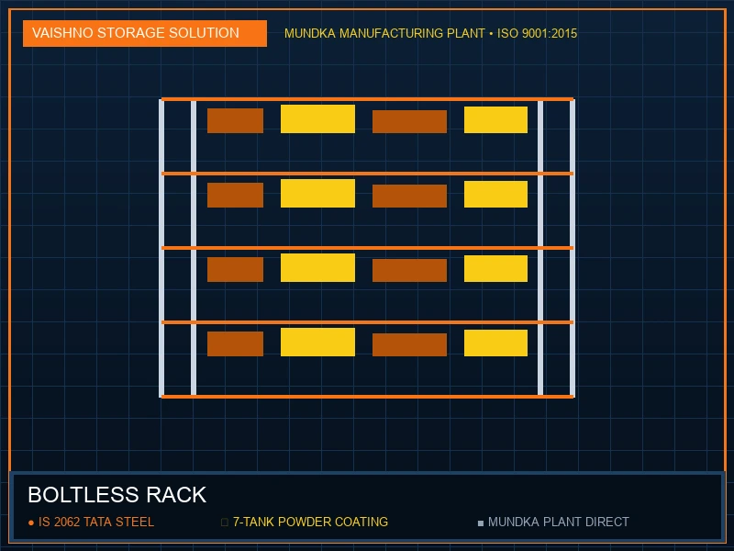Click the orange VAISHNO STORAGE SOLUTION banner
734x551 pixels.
[x=145, y=33]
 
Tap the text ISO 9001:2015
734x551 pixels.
[x=537, y=34]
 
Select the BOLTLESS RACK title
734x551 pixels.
[x=117, y=495]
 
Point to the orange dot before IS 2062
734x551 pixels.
[x=31, y=523]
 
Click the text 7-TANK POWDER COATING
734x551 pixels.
[x=310, y=522]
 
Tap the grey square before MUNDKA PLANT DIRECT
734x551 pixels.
[x=480, y=523]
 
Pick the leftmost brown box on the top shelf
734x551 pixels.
[x=235, y=121]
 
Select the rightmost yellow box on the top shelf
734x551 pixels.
[x=495, y=120]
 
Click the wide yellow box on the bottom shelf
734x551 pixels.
[x=317, y=342]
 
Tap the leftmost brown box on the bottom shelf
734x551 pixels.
[x=235, y=343]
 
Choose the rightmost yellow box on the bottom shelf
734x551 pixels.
[x=495, y=343]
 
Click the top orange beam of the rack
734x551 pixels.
[x=368, y=99]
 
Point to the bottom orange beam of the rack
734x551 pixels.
[x=368, y=397]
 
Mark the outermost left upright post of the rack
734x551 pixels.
[x=161, y=248]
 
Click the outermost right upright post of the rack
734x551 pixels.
[x=573, y=248]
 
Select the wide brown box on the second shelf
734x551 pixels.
[x=409, y=196]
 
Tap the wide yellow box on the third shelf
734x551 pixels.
[x=317, y=267]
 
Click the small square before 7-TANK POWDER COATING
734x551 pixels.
[x=224, y=523]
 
